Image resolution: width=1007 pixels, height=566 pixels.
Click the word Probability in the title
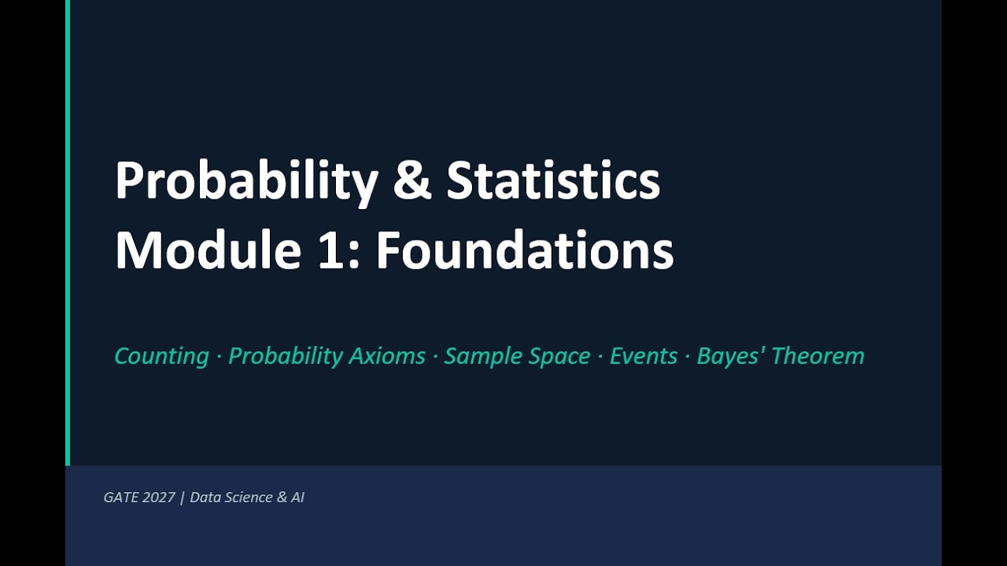click(x=246, y=182)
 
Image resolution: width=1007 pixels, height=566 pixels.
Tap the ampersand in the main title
click(x=412, y=180)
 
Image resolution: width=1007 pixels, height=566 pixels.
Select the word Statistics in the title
click(x=553, y=180)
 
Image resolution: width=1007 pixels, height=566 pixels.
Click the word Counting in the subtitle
click(x=161, y=356)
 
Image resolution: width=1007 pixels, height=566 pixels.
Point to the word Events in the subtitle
click(x=643, y=356)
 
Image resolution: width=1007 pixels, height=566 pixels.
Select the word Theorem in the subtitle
click(x=817, y=356)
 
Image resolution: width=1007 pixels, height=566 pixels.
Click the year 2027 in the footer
click(x=159, y=498)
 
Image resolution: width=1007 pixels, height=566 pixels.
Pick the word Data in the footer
click(x=205, y=498)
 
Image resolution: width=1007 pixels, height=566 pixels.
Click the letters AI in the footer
click(x=297, y=498)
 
